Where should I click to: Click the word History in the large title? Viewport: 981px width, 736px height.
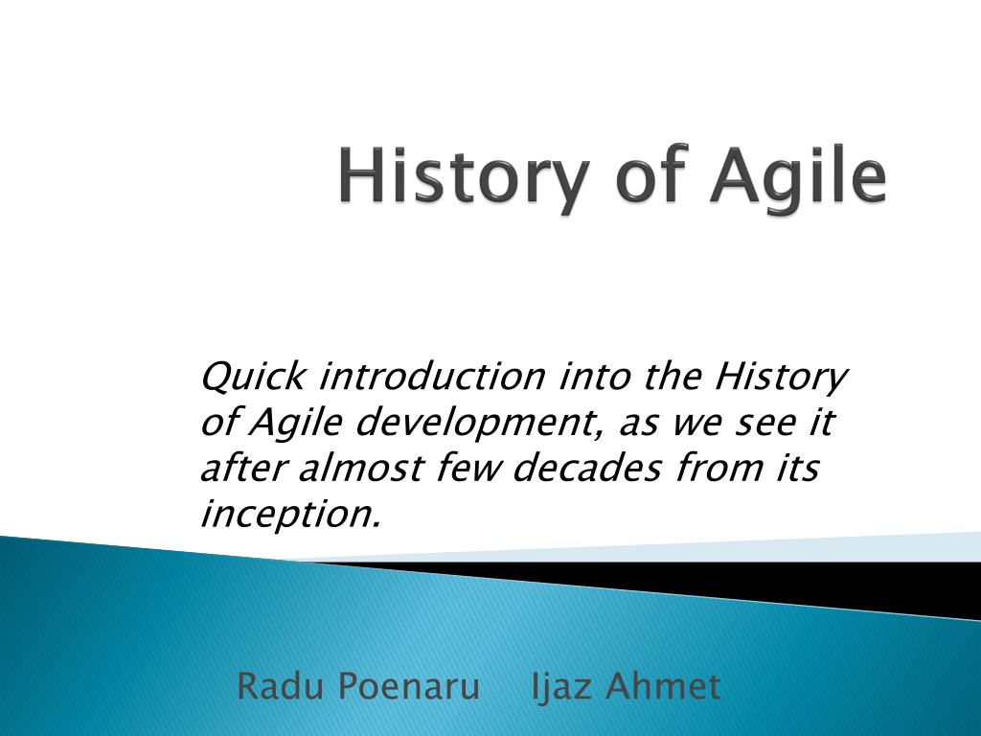coord(464,176)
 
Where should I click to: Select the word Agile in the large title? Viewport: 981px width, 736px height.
coord(798,175)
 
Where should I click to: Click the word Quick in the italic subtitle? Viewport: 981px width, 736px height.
coord(253,378)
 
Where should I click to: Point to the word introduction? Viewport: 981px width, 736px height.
coord(432,376)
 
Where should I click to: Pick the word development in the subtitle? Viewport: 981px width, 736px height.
coord(475,424)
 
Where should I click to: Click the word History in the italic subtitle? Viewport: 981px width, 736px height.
coord(781,378)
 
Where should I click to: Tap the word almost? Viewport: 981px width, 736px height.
coord(361,468)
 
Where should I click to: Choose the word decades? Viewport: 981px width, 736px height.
coord(586,468)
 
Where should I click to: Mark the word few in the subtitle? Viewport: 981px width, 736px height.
coord(468,468)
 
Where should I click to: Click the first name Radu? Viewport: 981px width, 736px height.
coord(281,685)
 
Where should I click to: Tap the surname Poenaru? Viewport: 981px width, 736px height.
coord(408,685)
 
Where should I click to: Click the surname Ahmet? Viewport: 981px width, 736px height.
coord(663,685)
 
